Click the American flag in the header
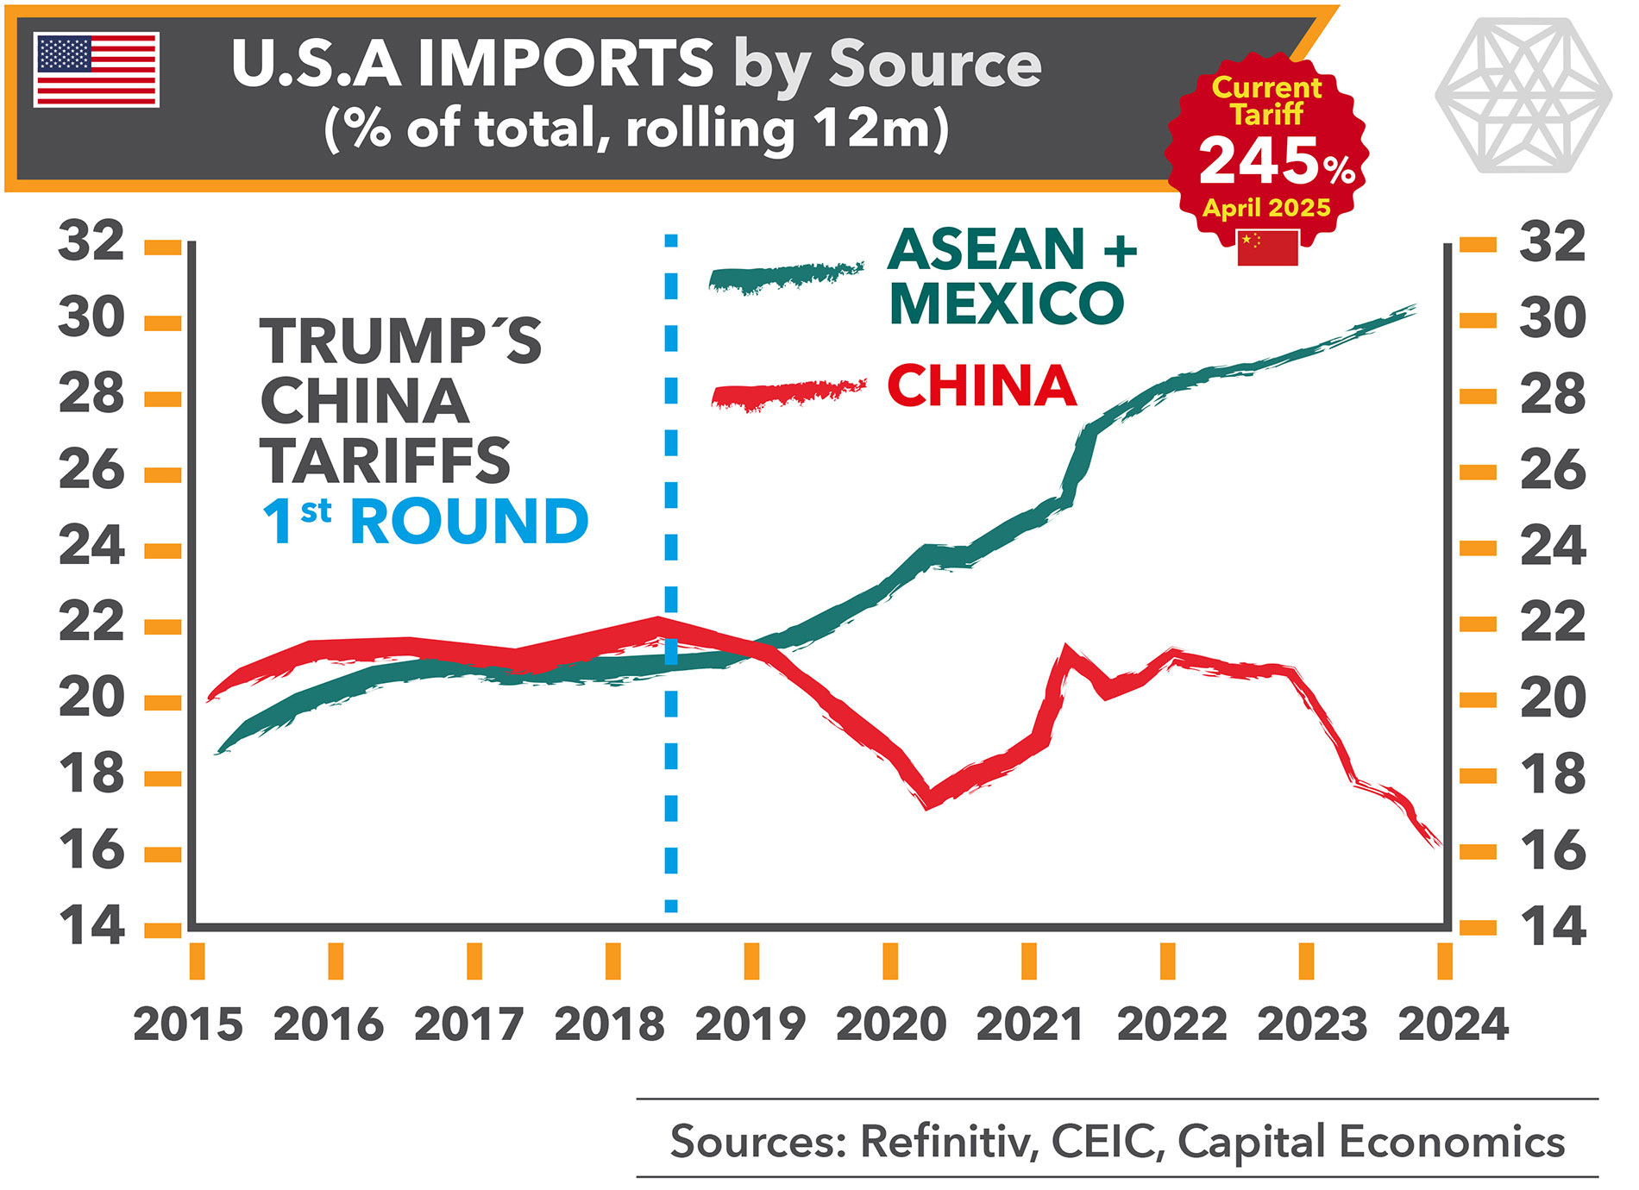tap(97, 70)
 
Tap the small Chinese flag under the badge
tap(1267, 248)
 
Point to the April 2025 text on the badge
tap(1266, 208)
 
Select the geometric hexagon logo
tap(1523, 95)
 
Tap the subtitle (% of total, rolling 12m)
tap(637, 129)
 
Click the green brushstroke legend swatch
tap(785, 278)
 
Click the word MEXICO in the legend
tap(1007, 304)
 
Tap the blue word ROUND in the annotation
tap(469, 522)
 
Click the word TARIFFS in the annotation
tap(385, 460)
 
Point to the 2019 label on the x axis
tap(750, 1024)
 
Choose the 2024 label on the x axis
tap(1453, 1024)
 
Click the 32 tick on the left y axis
tap(91, 241)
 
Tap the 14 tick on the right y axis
tap(1553, 927)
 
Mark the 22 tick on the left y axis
tap(91, 622)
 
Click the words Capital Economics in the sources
tap(1371, 1142)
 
